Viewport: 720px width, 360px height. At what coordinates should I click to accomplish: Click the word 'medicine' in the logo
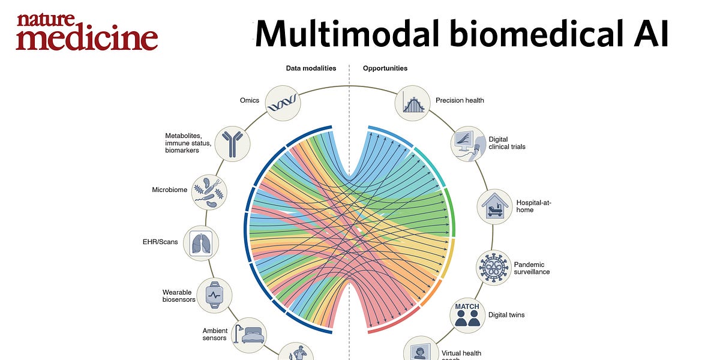click(x=87, y=38)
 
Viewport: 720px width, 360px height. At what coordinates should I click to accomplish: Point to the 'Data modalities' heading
click(x=311, y=68)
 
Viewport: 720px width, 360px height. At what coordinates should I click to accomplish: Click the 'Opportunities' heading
click(x=385, y=68)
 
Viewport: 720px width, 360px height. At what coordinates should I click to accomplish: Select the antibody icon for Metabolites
click(x=232, y=143)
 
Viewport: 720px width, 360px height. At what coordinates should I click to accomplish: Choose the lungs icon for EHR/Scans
click(x=200, y=243)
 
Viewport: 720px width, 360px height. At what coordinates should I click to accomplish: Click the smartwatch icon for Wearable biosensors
click(x=214, y=295)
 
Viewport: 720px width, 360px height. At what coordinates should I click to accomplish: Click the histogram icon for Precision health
click(x=412, y=103)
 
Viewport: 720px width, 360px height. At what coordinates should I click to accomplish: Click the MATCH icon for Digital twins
click(x=467, y=314)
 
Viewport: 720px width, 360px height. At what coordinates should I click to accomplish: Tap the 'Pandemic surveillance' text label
click(x=532, y=268)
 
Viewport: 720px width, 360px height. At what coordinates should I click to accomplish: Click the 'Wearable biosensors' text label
click(x=179, y=296)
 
